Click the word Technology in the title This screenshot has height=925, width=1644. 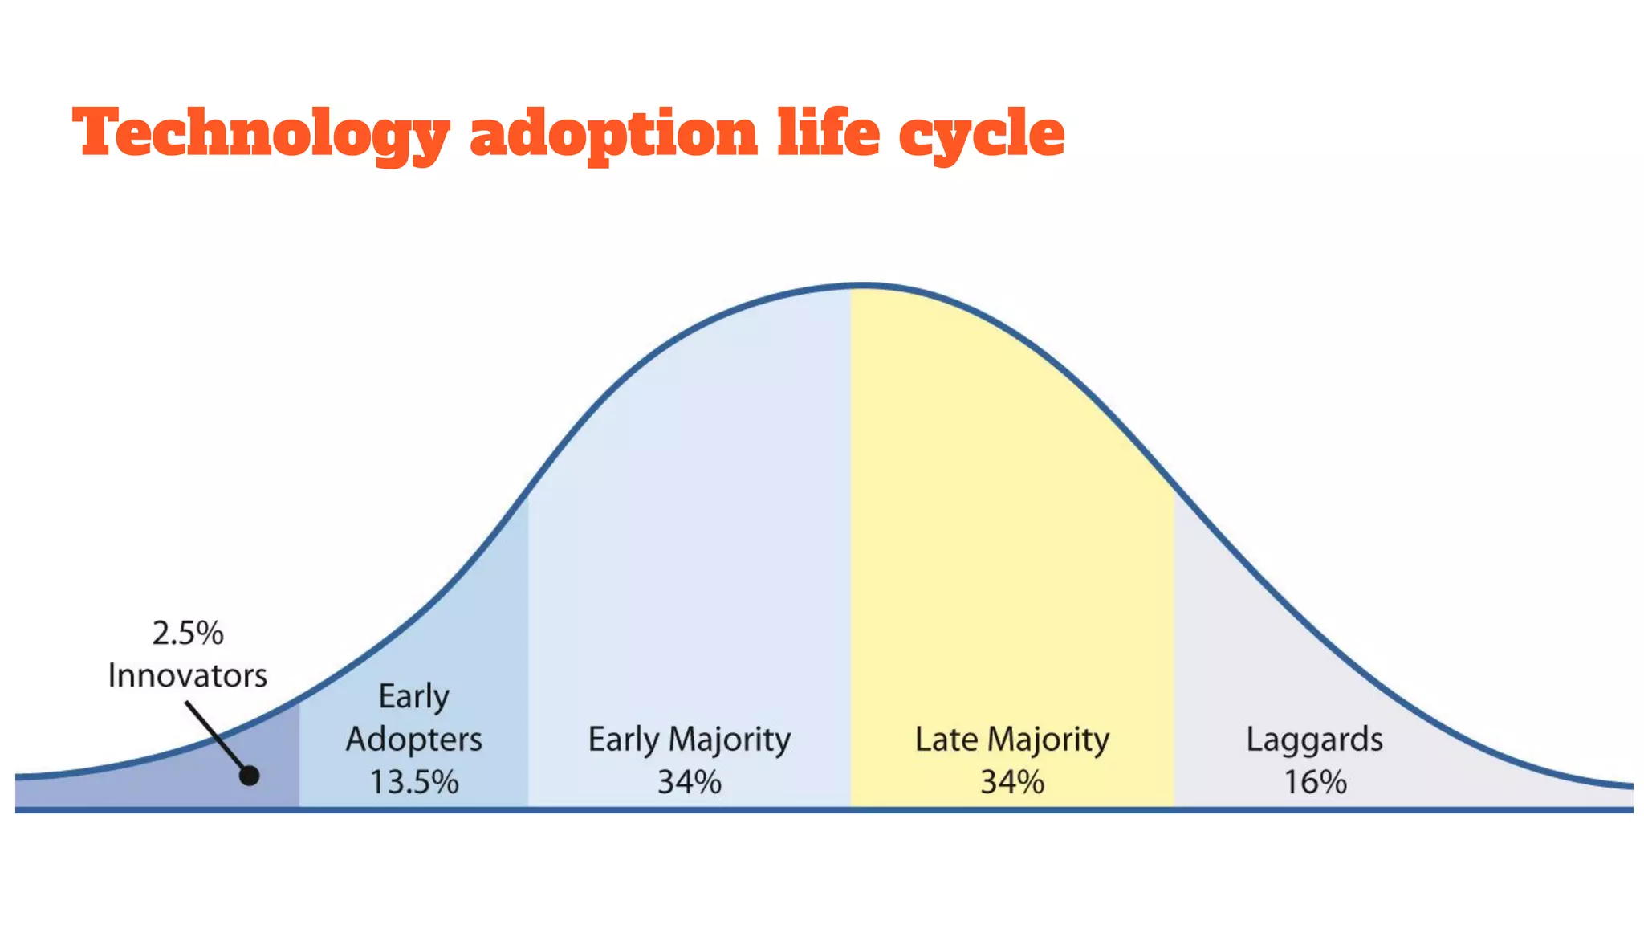[x=261, y=132]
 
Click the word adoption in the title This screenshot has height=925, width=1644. [x=613, y=132]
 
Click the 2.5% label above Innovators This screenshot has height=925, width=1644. [x=188, y=634]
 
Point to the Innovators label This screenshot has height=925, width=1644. [x=187, y=675]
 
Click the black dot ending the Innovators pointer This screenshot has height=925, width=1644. [x=249, y=776]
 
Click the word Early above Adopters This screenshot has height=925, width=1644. [x=413, y=696]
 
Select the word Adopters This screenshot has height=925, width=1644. [x=413, y=740]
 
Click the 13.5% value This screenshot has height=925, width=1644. [x=413, y=782]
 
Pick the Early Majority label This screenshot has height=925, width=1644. [x=689, y=740]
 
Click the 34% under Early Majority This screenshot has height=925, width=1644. [x=689, y=782]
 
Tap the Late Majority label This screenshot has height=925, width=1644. [x=1011, y=740]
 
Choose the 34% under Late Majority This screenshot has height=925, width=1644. [x=1011, y=782]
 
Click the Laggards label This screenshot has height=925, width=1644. [x=1314, y=740]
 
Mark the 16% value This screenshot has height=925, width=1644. [x=1314, y=782]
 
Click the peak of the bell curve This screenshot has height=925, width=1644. [x=864, y=285]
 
